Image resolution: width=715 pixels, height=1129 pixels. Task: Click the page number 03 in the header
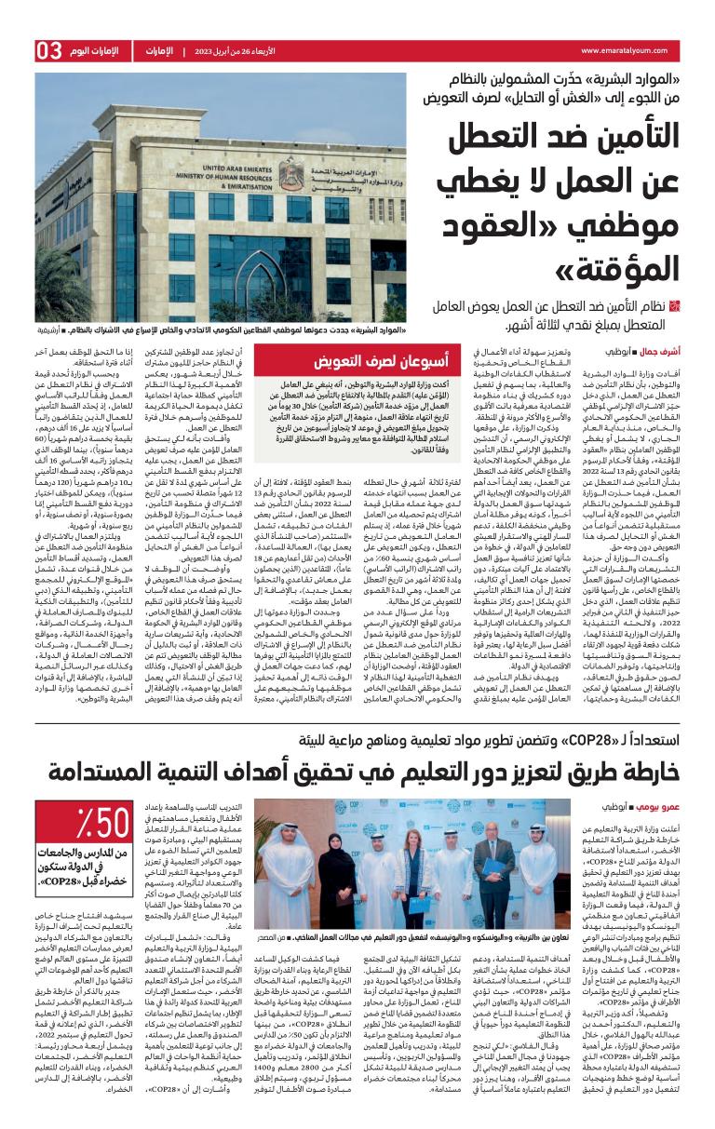(x=48, y=49)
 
